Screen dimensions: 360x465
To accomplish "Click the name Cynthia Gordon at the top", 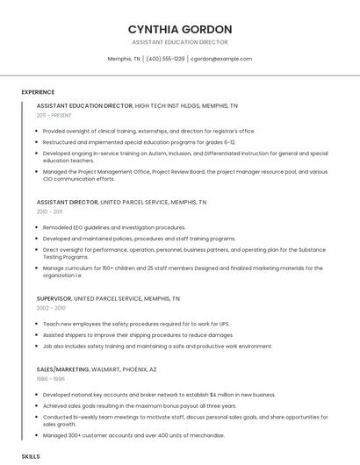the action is [180, 29].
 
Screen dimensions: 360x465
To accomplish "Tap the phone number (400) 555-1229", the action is [165, 59].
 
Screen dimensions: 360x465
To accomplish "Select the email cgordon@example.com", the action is [221, 59].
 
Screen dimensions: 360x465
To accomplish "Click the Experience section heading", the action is [38, 92].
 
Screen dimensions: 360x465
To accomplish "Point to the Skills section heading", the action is [31, 457].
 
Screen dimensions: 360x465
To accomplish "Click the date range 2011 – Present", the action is [54, 115].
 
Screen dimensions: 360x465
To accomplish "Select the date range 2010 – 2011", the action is [49, 211].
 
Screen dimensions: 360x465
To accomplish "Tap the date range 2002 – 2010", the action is [51, 308].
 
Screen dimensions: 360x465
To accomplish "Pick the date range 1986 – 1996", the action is [50, 379].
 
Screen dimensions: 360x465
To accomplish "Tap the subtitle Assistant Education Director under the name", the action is [180, 42].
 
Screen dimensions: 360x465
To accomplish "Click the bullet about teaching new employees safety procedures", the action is [136, 324].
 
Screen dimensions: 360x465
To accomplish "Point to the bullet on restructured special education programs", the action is [139, 141].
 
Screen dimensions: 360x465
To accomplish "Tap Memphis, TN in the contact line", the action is [124, 59].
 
